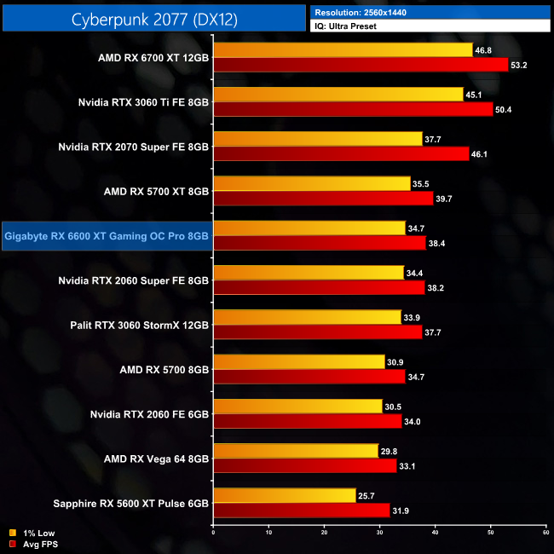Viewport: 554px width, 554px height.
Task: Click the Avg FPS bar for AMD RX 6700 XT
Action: click(361, 65)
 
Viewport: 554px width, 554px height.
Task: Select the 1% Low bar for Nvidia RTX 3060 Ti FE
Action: click(338, 95)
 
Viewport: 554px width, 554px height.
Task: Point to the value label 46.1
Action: click(481, 154)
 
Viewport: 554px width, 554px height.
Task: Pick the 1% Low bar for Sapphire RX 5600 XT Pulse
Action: click(285, 495)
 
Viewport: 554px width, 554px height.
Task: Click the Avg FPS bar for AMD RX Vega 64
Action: click(305, 466)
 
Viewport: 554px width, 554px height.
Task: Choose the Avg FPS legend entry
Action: click(34, 543)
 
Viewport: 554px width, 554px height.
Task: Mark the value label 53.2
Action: click(520, 65)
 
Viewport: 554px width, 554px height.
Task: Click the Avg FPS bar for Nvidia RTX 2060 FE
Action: click(308, 421)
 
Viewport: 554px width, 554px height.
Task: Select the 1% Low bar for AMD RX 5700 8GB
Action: click(299, 362)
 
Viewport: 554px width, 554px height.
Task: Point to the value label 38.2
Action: click(436, 288)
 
